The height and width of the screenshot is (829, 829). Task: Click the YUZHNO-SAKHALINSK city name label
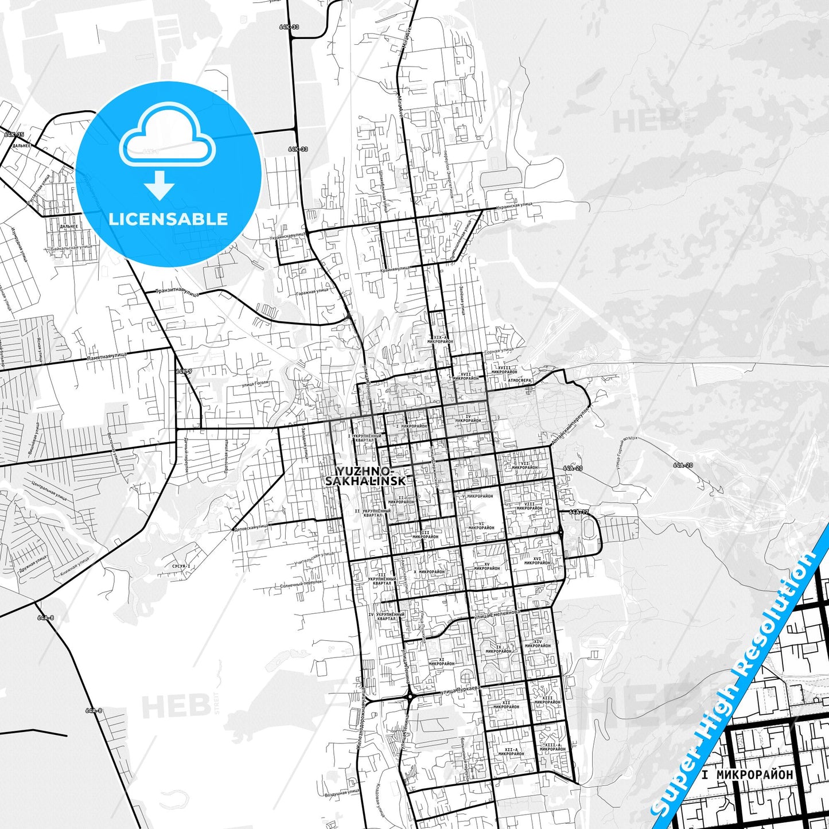point(365,476)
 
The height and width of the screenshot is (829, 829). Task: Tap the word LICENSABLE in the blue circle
point(168,219)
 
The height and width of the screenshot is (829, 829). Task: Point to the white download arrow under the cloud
point(160,185)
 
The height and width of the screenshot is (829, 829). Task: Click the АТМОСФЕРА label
point(519,380)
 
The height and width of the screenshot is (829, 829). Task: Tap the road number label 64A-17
point(579,512)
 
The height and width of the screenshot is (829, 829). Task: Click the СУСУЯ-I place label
point(181,566)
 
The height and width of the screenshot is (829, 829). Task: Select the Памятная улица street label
point(107,356)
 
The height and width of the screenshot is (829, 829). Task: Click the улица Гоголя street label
point(255,383)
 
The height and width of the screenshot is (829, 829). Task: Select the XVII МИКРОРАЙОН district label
point(465,376)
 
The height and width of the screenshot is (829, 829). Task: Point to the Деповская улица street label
point(251,527)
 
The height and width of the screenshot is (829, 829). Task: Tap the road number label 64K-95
point(14,135)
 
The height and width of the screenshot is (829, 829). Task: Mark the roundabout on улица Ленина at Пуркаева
point(410,696)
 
